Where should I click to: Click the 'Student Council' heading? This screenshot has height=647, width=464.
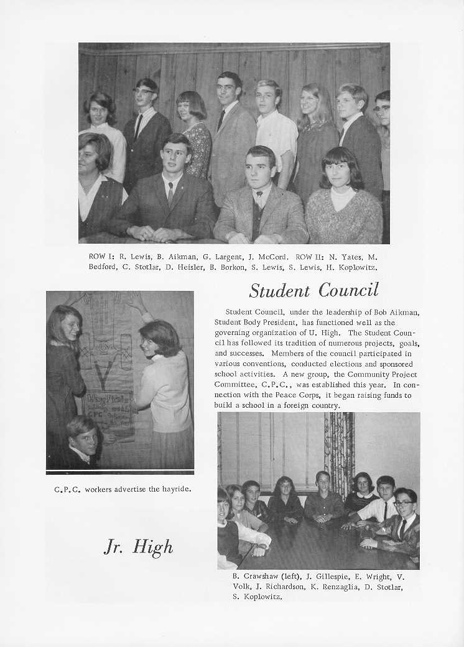[x=313, y=290]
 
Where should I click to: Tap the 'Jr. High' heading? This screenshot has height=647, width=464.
[x=138, y=547]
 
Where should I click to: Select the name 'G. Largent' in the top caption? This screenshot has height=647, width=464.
[x=220, y=257]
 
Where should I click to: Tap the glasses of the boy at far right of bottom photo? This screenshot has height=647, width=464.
[x=403, y=503]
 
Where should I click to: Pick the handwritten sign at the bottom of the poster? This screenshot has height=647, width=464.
[x=109, y=413]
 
